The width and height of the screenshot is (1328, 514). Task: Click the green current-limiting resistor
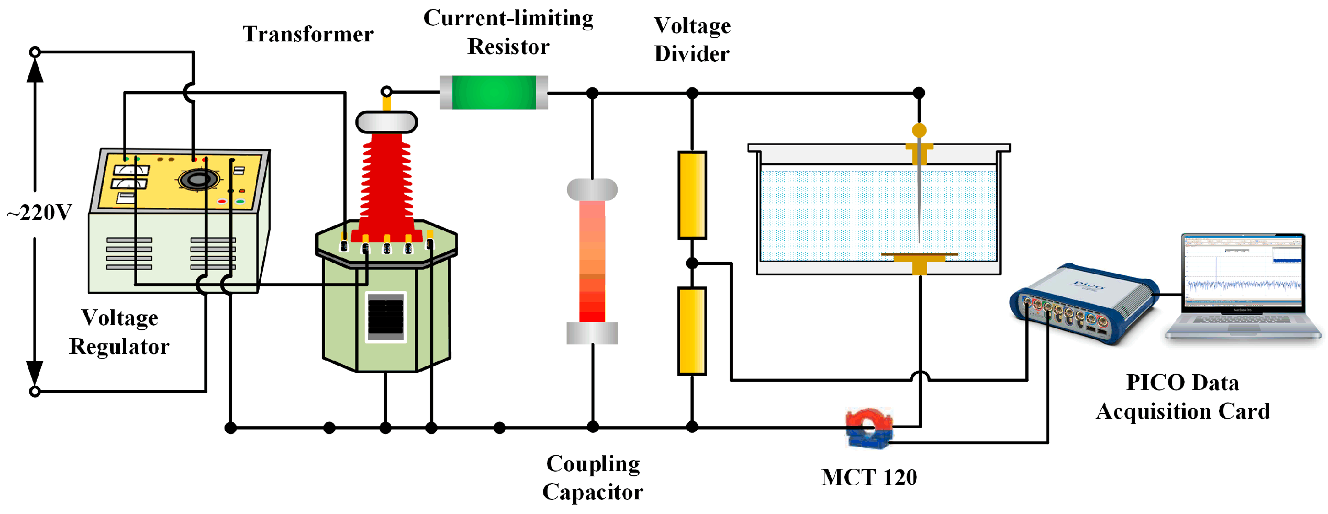(x=494, y=93)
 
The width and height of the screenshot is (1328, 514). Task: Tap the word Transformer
(x=308, y=35)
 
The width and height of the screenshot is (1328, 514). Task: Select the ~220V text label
(x=39, y=213)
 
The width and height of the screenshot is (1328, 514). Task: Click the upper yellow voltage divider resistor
(x=692, y=195)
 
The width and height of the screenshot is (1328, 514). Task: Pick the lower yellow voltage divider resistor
(x=692, y=331)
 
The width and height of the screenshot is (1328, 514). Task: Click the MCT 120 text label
(x=869, y=477)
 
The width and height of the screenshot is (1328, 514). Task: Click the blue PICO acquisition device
(x=1084, y=304)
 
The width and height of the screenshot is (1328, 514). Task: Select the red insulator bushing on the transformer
(x=386, y=183)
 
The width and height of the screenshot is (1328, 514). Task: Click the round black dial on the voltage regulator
(x=198, y=180)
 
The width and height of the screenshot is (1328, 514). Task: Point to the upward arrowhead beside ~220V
(x=35, y=71)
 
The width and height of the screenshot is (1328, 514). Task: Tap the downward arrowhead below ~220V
(x=35, y=373)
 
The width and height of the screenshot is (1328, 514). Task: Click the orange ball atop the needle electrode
(x=919, y=130)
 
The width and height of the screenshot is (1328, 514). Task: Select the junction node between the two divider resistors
(x=692, y=263)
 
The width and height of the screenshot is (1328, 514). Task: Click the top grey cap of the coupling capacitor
(x=592, y=189)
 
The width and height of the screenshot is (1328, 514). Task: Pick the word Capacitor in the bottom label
(x=593, y=492)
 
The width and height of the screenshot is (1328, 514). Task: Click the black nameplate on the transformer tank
(x=386, y=317)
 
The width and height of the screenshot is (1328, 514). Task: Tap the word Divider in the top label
(x=691, y=54)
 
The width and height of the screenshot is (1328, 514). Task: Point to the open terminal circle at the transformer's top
(x=386, y=92)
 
